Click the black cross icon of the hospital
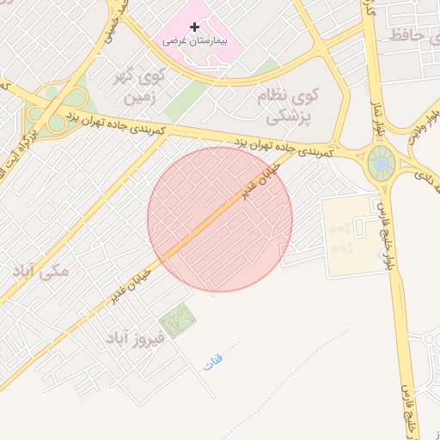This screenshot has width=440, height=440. (194, 27)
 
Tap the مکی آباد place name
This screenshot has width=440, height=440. (40, 271)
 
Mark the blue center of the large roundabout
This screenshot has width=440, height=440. (380, 162)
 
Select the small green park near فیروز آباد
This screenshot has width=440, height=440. (178, 321)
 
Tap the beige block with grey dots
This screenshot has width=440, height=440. (348, 236)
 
